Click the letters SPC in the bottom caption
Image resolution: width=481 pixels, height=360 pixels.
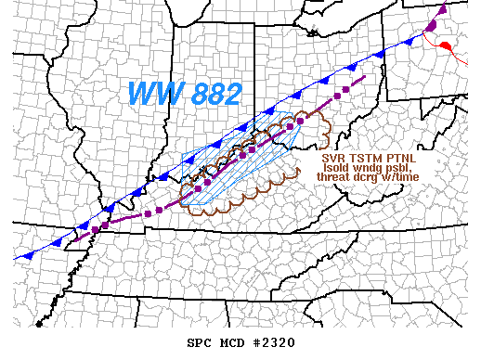[x=199, y=343]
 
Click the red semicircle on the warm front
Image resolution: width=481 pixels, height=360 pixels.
[x=447, y=45]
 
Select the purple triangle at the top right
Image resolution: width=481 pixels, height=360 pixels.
[x=442, y=11]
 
